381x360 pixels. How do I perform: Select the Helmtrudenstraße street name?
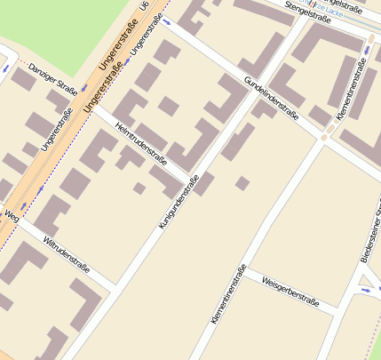coord(141,145)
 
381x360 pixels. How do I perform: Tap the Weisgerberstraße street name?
coord(290,291)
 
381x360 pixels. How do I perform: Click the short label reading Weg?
coord(11,215)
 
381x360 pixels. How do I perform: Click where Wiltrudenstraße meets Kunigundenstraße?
coord(117,287)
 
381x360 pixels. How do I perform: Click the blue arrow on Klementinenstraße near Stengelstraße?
coord(367,50)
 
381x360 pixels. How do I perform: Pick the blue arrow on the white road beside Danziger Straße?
coord(4,68)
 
